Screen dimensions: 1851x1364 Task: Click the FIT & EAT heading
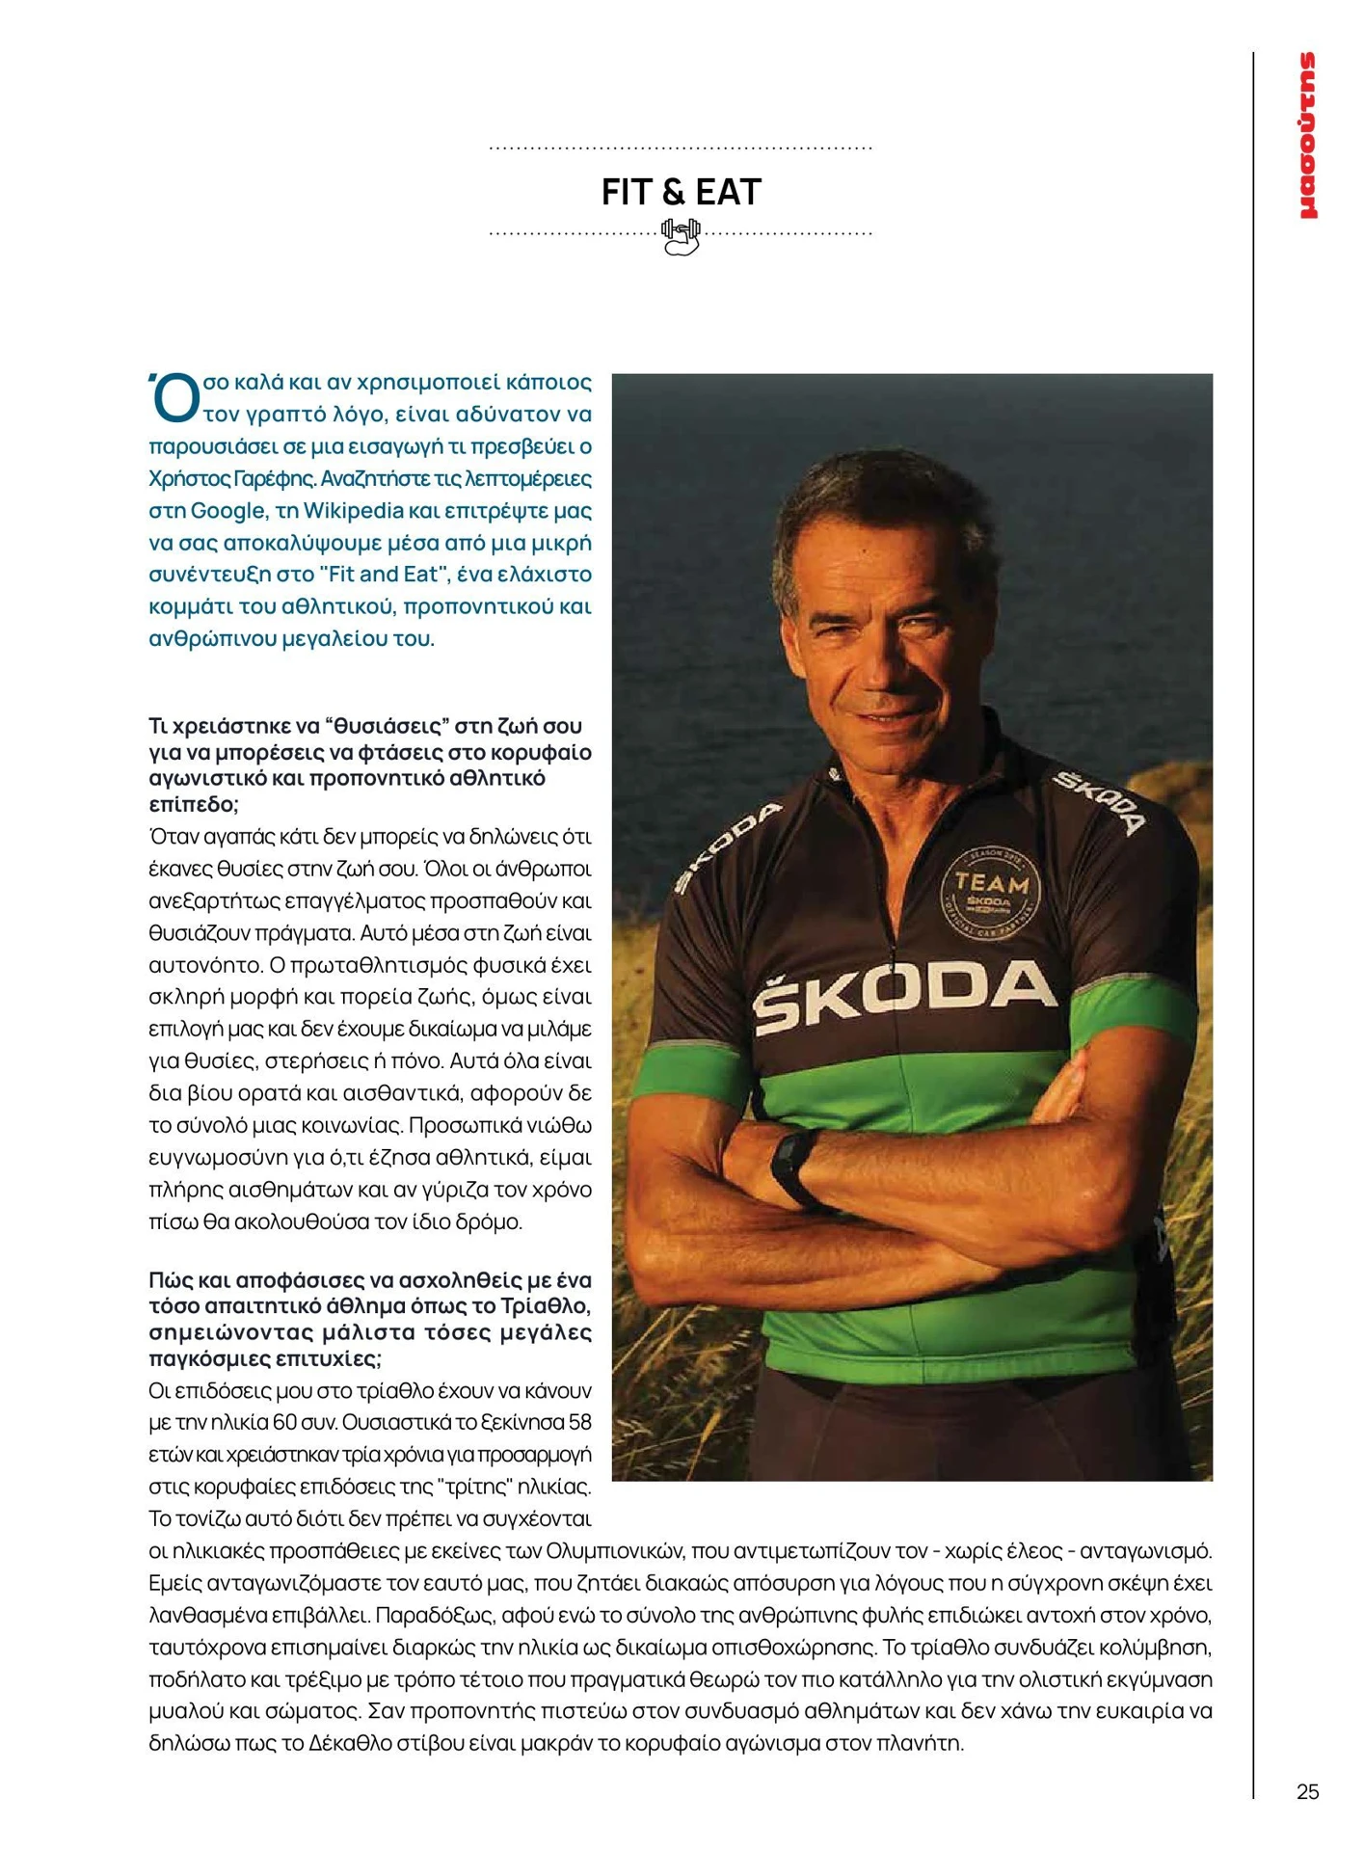tap(681, 192)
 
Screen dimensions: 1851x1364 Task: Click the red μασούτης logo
tap(1307, 135)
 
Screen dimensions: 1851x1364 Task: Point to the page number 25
tap(1307, 1791)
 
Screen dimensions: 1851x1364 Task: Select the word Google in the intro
tap(227, 510)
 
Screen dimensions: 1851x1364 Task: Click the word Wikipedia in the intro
tap(353, 510)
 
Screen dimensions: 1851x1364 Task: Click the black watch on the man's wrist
tap(793, 1166)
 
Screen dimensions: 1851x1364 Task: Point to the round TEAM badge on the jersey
tap(989, 888)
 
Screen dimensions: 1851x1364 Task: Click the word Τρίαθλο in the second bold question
tap(545, 1306)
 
